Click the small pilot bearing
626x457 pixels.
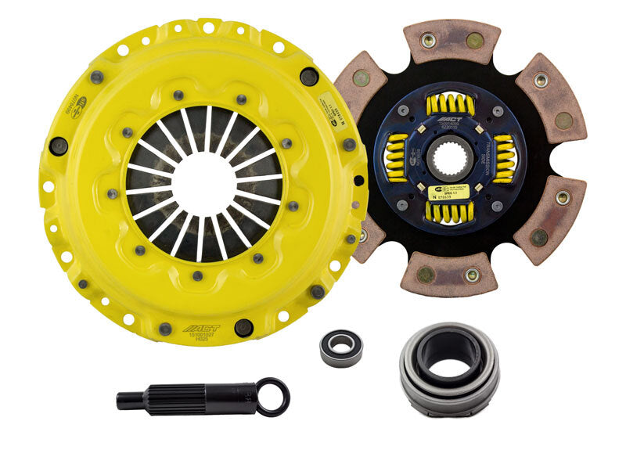pyautogui.click(x=341, y=346)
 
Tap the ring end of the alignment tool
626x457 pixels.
pyautogui.click(x=273, y=396)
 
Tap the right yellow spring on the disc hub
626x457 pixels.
pyautogui.click(x=504, y=158)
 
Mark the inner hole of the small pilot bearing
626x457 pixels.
pyautogui.click(x=341, y=346)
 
